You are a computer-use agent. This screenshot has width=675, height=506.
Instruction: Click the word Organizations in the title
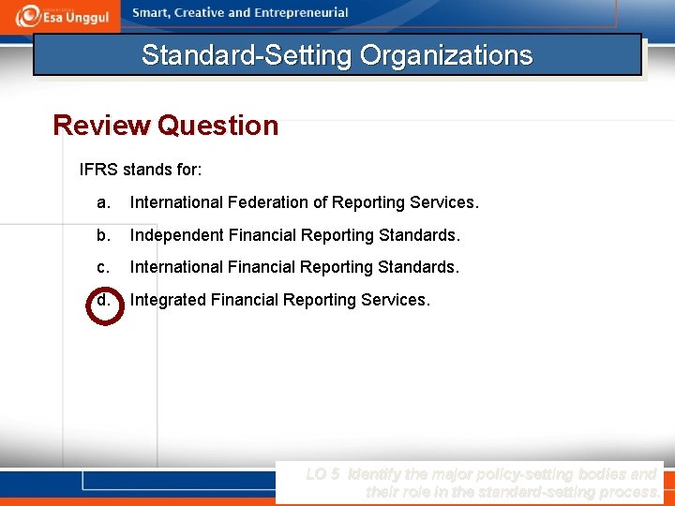446,55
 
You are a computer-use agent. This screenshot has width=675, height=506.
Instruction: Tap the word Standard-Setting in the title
247,55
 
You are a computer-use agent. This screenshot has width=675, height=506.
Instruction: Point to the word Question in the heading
218,126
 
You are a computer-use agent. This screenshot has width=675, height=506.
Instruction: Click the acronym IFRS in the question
98,171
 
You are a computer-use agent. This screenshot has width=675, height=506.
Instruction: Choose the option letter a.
103,202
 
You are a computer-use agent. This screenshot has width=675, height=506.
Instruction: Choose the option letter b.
103,234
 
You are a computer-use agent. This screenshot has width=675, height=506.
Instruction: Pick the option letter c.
103,267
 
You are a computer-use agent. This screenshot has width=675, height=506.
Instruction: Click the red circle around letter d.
104,303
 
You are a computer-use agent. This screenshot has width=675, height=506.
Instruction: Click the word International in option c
176,267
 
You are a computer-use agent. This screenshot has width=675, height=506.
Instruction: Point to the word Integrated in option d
168,300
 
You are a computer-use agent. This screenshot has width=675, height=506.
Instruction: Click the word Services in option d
395,300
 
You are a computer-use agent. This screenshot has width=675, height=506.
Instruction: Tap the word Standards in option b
418,234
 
